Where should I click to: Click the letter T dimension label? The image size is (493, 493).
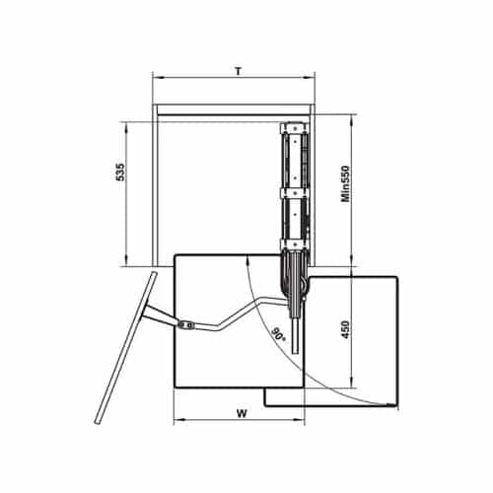[239, 71]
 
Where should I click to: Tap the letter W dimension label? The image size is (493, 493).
[242, 413]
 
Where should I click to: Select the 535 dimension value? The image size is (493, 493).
[120, 172]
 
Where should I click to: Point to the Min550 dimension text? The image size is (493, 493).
[345, 183]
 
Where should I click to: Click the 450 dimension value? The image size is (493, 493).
[345, 329]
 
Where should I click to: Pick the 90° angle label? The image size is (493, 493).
[278, 334]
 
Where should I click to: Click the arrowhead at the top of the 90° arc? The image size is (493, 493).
[246, 260]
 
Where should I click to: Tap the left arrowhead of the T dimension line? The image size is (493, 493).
[157, 78]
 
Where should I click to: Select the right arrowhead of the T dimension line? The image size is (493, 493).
[310, 78]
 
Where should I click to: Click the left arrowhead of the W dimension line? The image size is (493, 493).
[177, 420]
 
